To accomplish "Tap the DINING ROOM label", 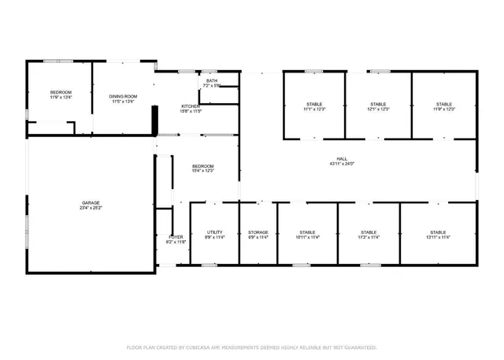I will (123, 96).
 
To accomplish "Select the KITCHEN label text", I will (191, 106).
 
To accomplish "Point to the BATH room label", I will (212, 80).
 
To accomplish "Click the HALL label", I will (342, 159).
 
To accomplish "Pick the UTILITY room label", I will (215, 232).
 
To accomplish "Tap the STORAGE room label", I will (258, 232).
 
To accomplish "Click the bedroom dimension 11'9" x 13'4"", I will (61, 98).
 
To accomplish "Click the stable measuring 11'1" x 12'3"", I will (314, 109).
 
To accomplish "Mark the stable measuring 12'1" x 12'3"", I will (379, 109).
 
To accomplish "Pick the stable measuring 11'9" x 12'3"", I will (444, 109).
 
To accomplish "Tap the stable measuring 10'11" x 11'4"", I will (307, 237).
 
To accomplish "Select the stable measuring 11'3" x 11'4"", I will (369, 237).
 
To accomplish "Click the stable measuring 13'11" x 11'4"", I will (438, 237).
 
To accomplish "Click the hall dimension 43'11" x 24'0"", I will (342, 164).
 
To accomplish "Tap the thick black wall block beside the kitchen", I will (155, 121).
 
